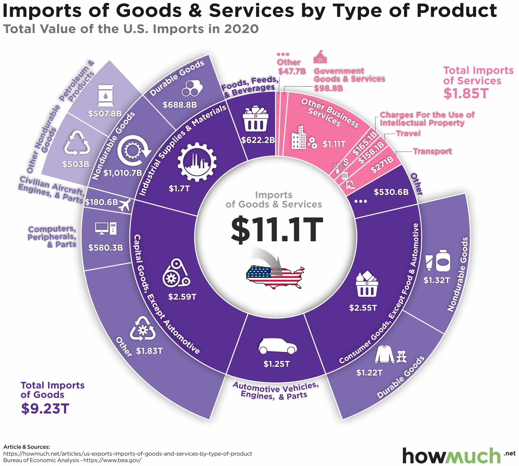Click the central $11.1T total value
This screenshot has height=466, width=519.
[277, 230]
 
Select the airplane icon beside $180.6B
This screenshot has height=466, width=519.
[125, 205]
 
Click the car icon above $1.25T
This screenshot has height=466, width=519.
[278, 346]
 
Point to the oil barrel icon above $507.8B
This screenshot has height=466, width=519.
[106, 96]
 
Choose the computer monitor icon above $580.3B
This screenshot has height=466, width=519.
[102, 228]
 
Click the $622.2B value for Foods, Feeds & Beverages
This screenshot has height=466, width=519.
[258, 140]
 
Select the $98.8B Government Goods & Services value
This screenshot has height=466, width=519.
[328, 88]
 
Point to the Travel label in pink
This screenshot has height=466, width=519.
[408, 133]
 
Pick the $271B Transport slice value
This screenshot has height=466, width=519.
[382, 164]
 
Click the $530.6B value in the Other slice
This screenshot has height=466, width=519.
[391, 192]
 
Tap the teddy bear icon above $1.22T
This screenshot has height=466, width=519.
[402, 356]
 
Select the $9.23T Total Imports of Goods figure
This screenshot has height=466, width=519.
[45, 409]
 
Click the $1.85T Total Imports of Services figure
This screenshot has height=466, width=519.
[466, 93]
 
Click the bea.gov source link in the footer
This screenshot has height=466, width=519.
[112, 460]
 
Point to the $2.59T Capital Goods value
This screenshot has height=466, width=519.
[182, 297]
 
